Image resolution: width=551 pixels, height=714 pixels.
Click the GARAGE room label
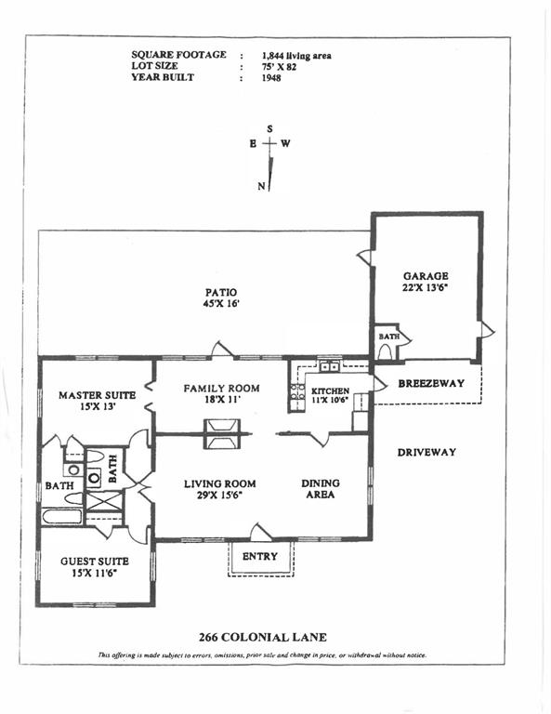pyautogui.click(x=426, y=276)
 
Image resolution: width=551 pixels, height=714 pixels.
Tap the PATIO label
pyautogui.click(x=221, y=292)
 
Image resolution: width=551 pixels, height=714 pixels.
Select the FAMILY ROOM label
pyautogui.click(x=221, y=389)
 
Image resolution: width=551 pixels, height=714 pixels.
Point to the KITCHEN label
pyautogui.click(x=331, y=390)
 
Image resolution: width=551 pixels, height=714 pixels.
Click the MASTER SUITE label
pyautogui.click(x=97, y=395)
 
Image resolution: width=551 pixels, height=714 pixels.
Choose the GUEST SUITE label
pyautogui.click(x=95, y=562)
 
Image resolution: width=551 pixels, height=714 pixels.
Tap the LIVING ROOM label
pyautogui.click(x=220, y=483)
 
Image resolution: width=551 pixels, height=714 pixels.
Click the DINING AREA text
pyautogui.click(x=321, y=489)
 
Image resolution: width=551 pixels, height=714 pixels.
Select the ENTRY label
pyautogui.click(x=260, y=556)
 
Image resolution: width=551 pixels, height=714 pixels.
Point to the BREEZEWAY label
pyautogui.click(x=431, y=383)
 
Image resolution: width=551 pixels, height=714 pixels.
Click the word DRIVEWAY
pyautogui.click(x=426, y=452)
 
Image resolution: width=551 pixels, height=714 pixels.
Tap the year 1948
pyautogui.click(x=271, y=78)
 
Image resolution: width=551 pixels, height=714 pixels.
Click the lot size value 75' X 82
pyautogui.click(x=280, y=67)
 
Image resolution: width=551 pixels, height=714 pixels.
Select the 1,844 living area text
pyautogui.click(x=296, y=56)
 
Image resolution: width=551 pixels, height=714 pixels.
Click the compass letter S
pyautogui.click(x=269, y=129)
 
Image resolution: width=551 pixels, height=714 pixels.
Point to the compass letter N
pyautogui.click(x=261, y=186)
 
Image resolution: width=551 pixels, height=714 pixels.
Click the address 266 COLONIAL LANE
pyautogui.click(x=263, y=637)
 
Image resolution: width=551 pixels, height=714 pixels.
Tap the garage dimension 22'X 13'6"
pyautogui.click(x=426, y=287)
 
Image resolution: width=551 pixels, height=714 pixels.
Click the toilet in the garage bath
pyautogui.click(x=386, y=351)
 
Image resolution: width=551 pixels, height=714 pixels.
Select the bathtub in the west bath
pyautogui.click(x=62, y=516)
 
